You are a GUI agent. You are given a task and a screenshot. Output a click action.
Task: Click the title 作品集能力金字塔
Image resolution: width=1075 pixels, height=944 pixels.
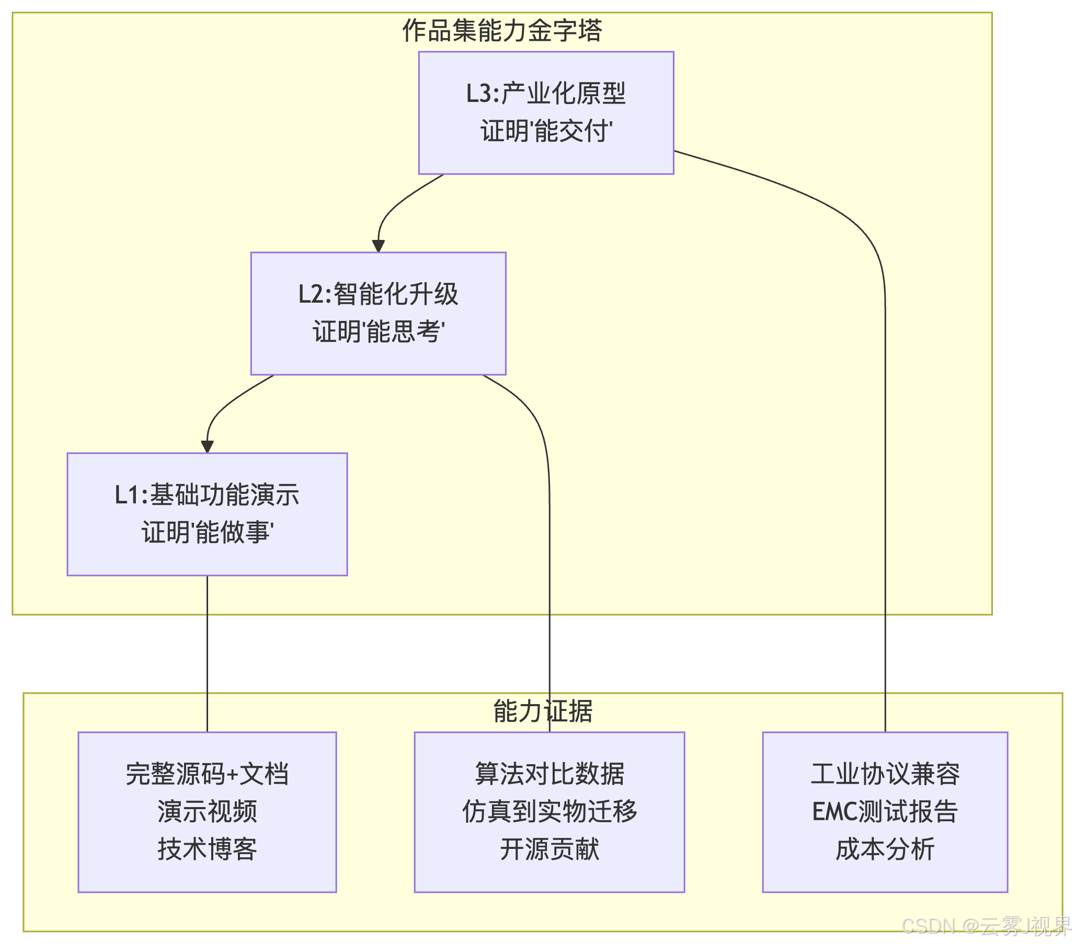[502, 30]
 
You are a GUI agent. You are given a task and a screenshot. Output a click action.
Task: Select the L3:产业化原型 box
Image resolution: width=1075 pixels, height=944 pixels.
[546, 112]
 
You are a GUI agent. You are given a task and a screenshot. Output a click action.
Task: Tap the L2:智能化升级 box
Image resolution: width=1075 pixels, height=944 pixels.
[378, 314]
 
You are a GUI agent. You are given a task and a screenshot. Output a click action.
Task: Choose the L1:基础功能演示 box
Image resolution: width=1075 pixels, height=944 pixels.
[207, 514]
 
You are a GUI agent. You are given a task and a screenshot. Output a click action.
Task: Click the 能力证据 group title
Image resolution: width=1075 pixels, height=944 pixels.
[543, 711]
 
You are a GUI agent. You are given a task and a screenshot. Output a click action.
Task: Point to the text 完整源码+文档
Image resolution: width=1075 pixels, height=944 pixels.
[207, 774]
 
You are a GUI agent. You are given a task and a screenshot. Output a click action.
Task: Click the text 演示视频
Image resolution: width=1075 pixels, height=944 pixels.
[207, 811]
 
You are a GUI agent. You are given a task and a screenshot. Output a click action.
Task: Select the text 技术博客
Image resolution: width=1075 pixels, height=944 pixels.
[207, 849]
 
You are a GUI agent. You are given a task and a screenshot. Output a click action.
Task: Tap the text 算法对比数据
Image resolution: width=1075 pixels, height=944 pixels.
[549, 774]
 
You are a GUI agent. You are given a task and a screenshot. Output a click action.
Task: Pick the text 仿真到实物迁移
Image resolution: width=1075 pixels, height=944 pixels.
[549, 811]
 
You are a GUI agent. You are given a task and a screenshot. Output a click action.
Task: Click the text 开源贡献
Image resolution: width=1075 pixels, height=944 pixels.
[549, 849]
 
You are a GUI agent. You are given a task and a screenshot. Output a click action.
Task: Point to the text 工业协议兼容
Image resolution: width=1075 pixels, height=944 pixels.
[885, 774]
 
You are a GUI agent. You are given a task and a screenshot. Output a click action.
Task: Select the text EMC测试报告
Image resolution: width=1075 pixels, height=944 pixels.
[885, 811]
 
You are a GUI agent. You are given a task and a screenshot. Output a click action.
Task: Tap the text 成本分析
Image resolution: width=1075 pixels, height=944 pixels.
[885, 849]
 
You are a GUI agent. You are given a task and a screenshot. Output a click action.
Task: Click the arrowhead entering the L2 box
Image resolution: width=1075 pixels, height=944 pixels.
[378, 246]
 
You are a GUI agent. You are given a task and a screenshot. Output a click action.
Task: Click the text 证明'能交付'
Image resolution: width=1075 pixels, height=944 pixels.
[546, 132]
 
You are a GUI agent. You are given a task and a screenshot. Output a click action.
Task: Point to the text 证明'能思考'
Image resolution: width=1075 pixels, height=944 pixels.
[378, 332]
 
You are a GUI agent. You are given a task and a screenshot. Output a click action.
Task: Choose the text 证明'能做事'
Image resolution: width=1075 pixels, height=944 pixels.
[207, 533]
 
